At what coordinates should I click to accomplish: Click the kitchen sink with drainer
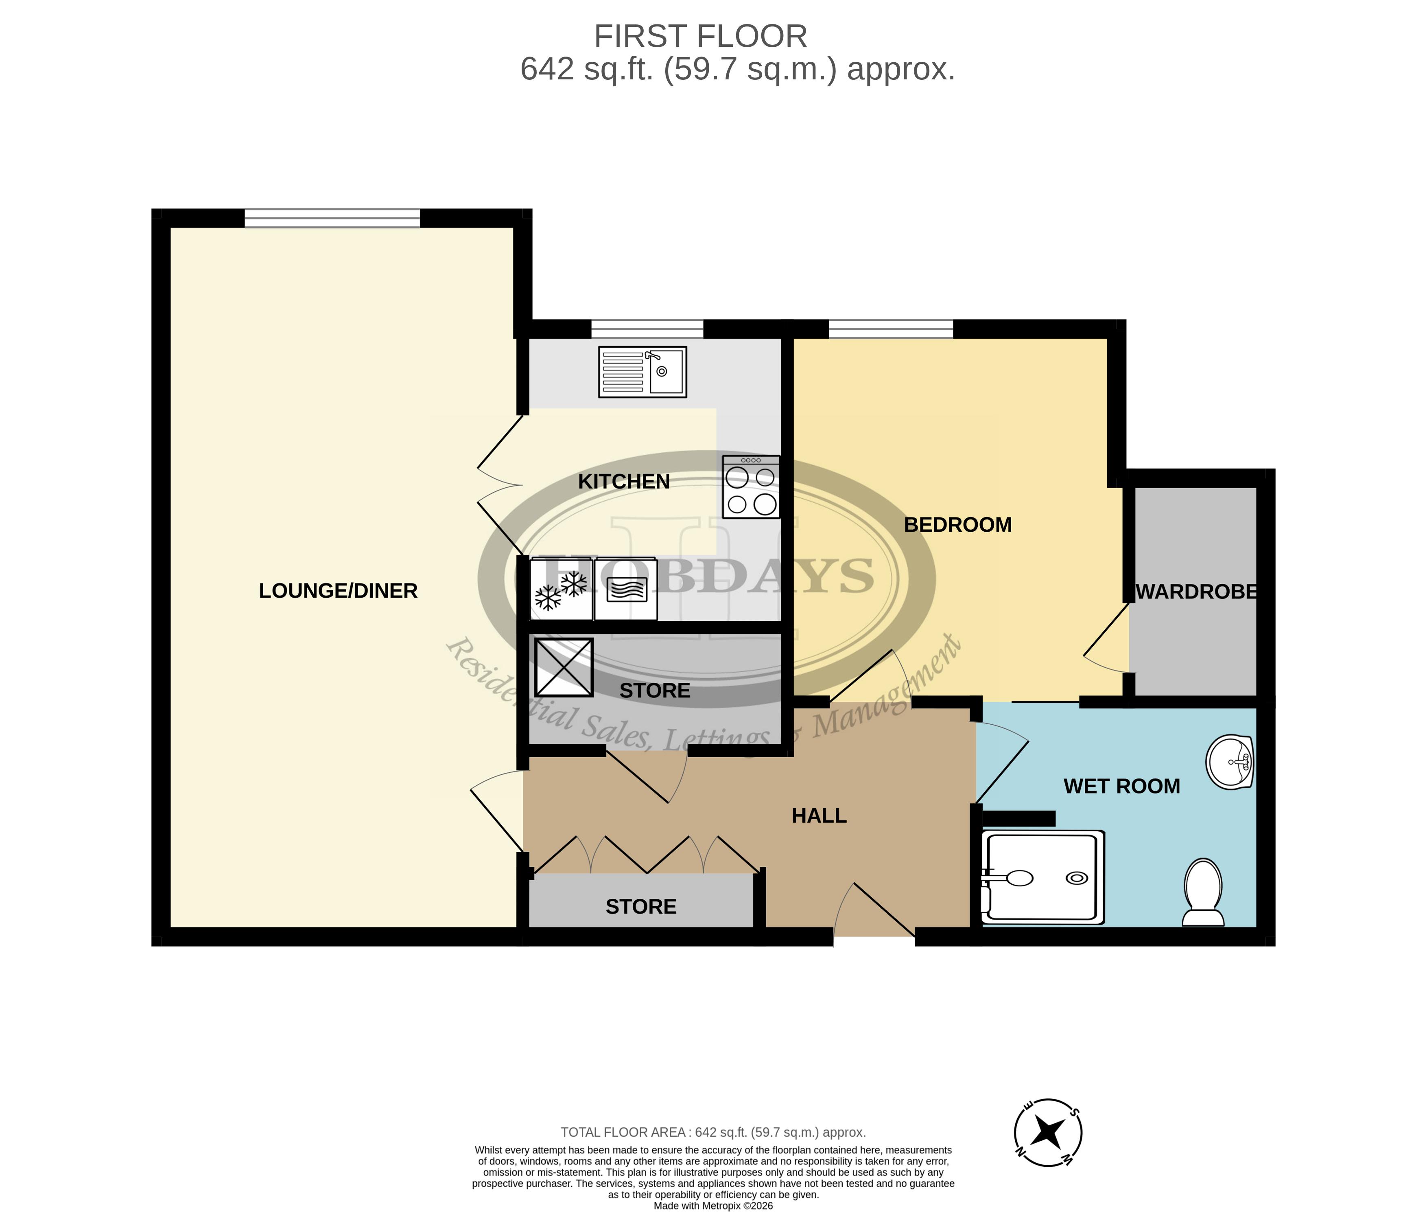[642, 372]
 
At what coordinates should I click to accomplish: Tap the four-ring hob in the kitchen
[751, 487]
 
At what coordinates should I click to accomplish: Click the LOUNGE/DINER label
[338, 591]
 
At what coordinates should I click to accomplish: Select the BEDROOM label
[957, 525]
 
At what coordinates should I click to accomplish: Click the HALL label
[819, 815]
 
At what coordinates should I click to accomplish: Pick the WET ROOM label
[1121, 786]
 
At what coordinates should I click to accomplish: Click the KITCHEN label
[623, 482]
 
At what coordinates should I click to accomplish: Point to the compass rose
[1048, 1133]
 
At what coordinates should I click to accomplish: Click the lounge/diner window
[332, 218]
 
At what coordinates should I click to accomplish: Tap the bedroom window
[891, 329]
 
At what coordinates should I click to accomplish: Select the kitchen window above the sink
[647, 329]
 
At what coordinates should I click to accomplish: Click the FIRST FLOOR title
[700, 36]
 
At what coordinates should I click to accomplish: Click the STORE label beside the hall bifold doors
[641, 907]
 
